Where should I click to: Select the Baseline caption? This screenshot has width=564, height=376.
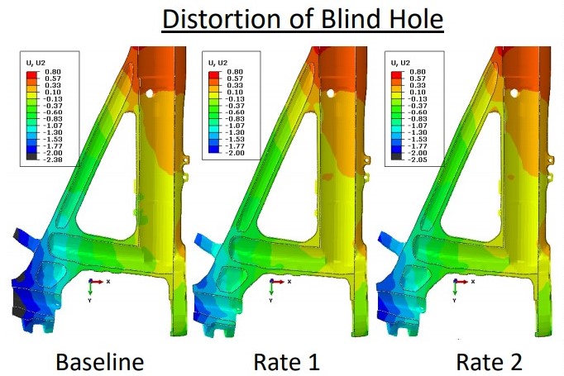[x=100, y=362]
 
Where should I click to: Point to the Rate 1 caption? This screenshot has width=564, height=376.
[x=286, y=362]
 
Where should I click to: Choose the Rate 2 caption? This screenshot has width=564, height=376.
[x=490, y=362]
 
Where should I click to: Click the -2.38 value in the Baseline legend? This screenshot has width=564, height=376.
[x=53, y=159]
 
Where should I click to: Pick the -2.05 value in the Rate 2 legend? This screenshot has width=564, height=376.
[x=418, y=159]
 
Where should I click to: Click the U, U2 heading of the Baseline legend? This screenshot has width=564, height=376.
[x=36, y=63]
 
